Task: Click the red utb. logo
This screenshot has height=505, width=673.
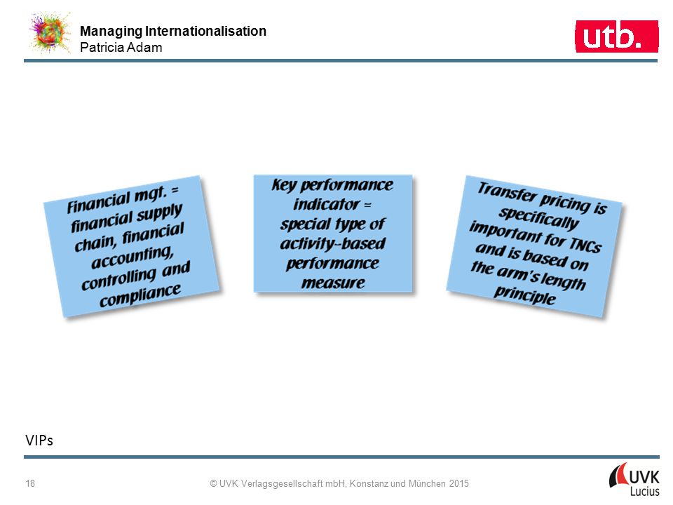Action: (x=616, y=36)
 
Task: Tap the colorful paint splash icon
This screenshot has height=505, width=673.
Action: (x=50, y=33)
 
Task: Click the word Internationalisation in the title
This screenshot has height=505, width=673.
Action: (x=205, y=31)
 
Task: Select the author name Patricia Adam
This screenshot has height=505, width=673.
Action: (x=121, y=47)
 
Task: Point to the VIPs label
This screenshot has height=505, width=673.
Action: (x=39, y=440)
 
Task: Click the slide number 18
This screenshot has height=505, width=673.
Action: (x=30, y=483)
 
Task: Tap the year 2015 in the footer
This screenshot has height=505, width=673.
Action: (x=458, y=483)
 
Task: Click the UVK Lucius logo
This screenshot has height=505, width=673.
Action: (x=634, y=480)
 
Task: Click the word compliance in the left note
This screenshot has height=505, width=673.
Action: (x=140, y=295)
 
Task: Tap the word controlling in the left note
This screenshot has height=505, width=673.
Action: (x=119, y=279)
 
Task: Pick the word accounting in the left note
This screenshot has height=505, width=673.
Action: (x=132, y=257)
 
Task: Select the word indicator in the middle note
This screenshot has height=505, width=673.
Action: (x=326, y=204)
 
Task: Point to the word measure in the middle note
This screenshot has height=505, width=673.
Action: (x=333, y=283)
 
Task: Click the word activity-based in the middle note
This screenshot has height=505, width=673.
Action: (x=333, y=243)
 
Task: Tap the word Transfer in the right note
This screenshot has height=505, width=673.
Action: (x=507, y=192)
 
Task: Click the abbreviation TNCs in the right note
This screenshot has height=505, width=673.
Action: (x=585, y=244)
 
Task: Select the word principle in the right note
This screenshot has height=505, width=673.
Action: (x=525, y=295)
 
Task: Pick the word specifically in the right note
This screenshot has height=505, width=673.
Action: (x=538, y=217)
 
